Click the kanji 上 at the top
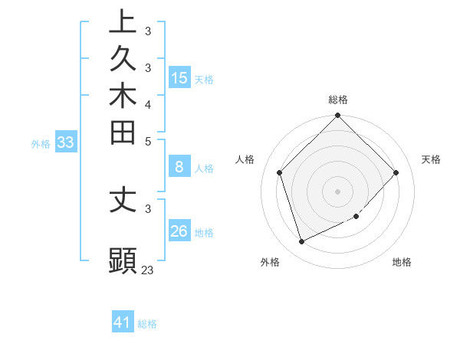coord(123,21)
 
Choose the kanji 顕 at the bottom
coord(123,260)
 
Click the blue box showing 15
coord(179,77)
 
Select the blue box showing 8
coord(179,168)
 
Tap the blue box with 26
coord(179,231)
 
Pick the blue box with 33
coord(66,142)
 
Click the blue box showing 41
coord(123,322)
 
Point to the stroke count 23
coord(147,270)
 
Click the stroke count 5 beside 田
coord(148,140)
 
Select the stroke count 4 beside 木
coord(148,103)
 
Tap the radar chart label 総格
coord(338,100)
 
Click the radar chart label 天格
coord(431,159)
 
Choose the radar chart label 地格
coord(402,263)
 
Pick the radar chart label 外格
coord(270,263)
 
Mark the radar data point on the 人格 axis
coord(280,172)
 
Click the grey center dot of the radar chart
coord(338,191)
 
